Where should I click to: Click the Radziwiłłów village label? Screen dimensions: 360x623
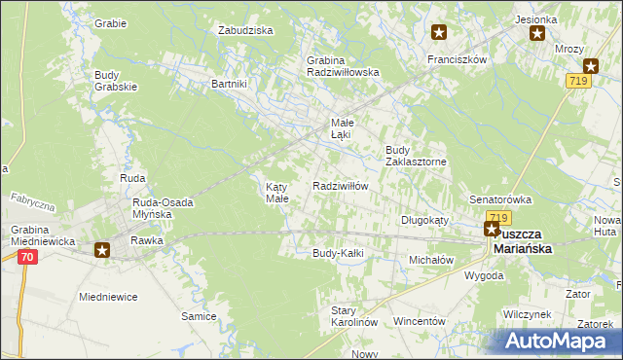340,186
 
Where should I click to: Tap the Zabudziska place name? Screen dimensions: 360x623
246,30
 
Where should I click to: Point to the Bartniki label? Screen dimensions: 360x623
230,84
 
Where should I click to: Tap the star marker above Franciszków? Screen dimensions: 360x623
439,33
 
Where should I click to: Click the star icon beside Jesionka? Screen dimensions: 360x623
537,34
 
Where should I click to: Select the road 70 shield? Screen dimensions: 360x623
26,257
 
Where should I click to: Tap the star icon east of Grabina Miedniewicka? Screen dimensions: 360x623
102,250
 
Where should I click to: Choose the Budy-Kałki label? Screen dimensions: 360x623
338,254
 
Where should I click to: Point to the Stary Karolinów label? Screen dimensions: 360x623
353,315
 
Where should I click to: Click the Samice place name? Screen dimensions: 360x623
199,316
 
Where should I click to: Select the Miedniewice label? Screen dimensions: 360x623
108,296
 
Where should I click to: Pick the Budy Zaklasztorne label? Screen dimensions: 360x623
416,156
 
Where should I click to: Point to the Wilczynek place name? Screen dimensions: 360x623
529,315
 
